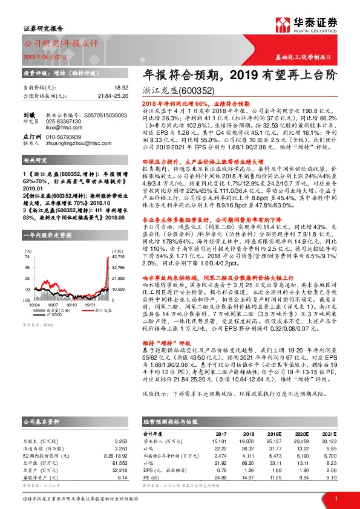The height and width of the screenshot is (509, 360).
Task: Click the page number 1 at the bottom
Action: point(336,498)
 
